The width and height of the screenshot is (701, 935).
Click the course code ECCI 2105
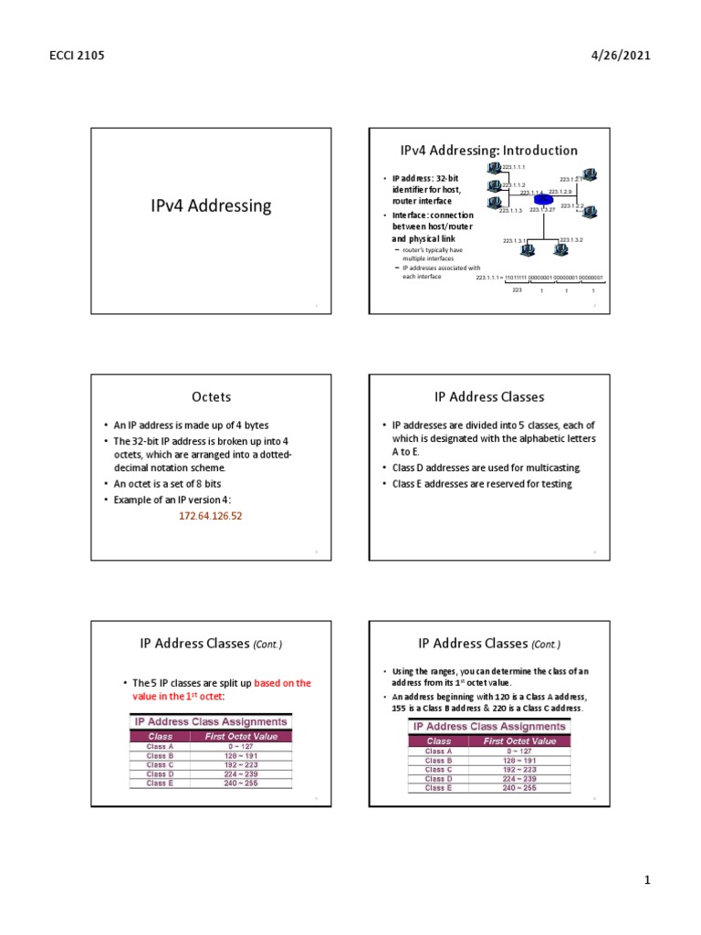(78, 56)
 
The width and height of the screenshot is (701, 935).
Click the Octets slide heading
(211, 397)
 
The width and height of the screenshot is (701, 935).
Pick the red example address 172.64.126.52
(210, 516)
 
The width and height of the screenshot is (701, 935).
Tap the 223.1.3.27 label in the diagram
(543, 211)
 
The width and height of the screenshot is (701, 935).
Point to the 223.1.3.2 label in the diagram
(572, 239)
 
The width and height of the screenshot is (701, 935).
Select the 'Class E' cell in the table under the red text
(160, 783)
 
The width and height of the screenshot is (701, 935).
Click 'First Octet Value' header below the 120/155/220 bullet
(518, 741)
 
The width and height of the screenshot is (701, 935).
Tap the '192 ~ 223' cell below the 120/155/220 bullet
(518, 769)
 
